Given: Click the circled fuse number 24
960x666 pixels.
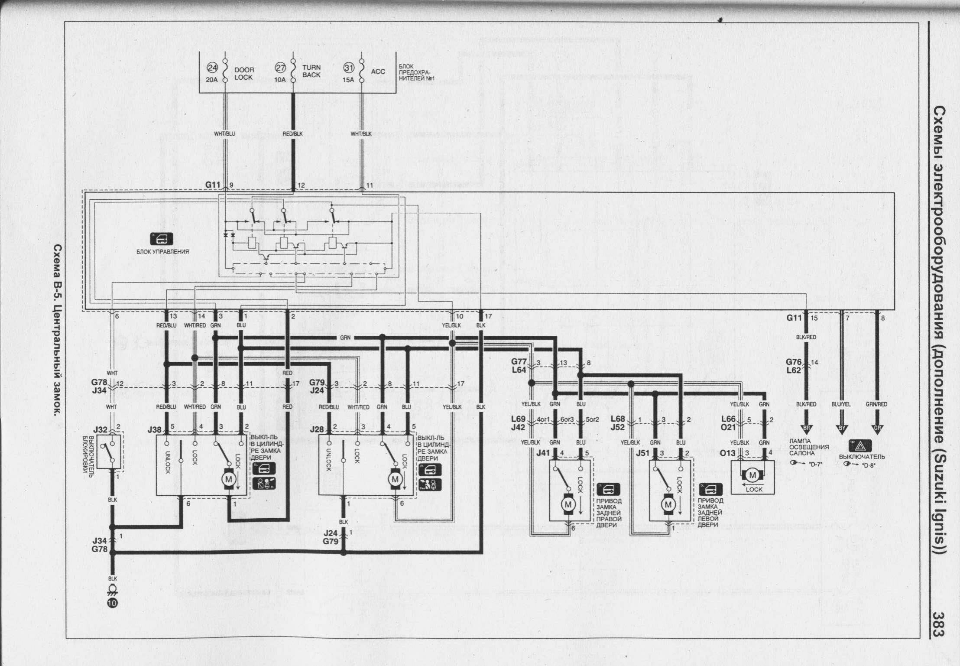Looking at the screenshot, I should point(212,68).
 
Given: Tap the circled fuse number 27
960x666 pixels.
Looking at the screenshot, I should point(281,68).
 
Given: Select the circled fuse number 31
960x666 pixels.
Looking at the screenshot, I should point(349,68).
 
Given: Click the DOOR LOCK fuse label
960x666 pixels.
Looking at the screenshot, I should point(244,73).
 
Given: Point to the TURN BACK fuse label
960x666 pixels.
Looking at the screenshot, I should point(311,71).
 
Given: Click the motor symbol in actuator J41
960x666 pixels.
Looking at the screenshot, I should point(568,504).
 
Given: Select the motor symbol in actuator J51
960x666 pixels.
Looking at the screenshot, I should point(668,504).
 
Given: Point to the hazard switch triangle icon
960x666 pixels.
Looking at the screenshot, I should point(857,447).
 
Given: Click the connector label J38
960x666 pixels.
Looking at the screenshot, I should point(154,430).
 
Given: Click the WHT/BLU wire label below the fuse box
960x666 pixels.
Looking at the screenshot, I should point(224,134).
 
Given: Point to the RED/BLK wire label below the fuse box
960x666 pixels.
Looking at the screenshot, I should point(293,134).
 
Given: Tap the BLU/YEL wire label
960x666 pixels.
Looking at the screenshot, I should point(841,404).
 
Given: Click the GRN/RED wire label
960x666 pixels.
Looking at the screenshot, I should point(876,404).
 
